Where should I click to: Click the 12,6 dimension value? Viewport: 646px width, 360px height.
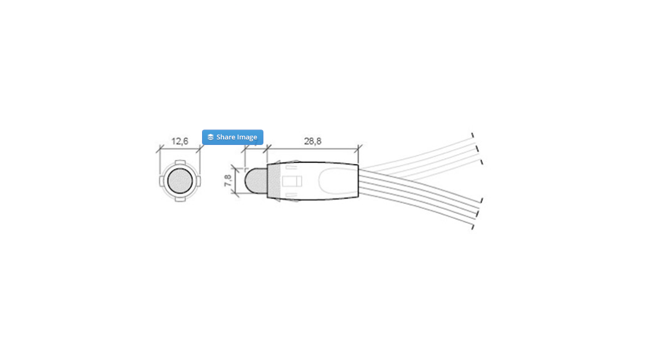tap(179, 141)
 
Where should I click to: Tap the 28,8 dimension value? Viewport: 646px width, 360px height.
tap(313, 141)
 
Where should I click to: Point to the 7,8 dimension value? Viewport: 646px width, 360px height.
tap(228, 181)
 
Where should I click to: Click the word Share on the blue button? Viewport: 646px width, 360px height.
tap(227, 137)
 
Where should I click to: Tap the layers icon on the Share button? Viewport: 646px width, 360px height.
tap(211, 137)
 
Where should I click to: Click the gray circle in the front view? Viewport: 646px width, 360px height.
tap(179, 181)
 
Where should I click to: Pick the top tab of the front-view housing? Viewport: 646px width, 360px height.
tap(179, 164)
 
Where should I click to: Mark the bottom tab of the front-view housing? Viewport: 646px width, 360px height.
tap(179, 198)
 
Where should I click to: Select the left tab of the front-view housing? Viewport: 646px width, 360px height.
tap(162, 181)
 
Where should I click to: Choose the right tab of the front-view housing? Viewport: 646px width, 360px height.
tap(197, 181)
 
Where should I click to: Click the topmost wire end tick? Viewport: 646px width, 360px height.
tap(472, 135)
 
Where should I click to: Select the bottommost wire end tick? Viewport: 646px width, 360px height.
tap(472, 228)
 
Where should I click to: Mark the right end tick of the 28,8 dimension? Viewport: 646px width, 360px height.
tap(359, 148)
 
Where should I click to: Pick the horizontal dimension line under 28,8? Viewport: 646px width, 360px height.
tap(313, 148)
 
